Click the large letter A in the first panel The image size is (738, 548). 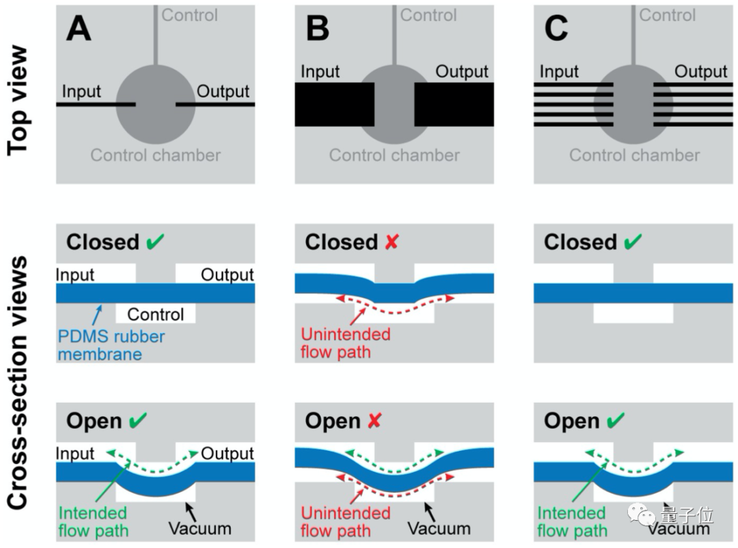79,29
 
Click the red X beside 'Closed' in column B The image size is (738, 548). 392,242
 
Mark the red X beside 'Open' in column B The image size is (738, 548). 375,420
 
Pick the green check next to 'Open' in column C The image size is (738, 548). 614,420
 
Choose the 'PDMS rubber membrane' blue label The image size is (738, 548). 111,345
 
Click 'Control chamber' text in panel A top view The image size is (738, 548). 156,155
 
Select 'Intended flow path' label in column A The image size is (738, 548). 93,521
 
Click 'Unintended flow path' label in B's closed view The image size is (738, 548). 346,343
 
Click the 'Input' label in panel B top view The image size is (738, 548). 320,72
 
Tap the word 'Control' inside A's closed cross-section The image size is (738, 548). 156,315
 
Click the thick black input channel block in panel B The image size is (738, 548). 333,104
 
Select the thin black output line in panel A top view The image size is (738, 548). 216,104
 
